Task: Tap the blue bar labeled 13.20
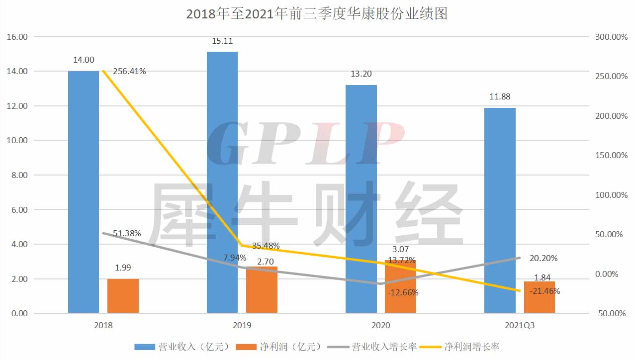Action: tap(361, 199)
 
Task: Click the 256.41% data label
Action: tap(129, 71)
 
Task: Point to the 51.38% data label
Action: tap(127, 233)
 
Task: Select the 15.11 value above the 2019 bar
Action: tap(222, 41)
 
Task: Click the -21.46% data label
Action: tap(544, 291)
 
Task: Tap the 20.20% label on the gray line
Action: tap(543, 258)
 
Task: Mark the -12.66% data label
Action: tap(403, 292)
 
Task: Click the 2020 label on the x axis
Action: tap(381, 326)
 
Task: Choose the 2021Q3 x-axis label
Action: tap(520, 326)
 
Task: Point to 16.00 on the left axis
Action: tap(16, 37)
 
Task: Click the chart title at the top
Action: tap(317, 13)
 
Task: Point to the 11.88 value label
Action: tap(500, 96)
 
